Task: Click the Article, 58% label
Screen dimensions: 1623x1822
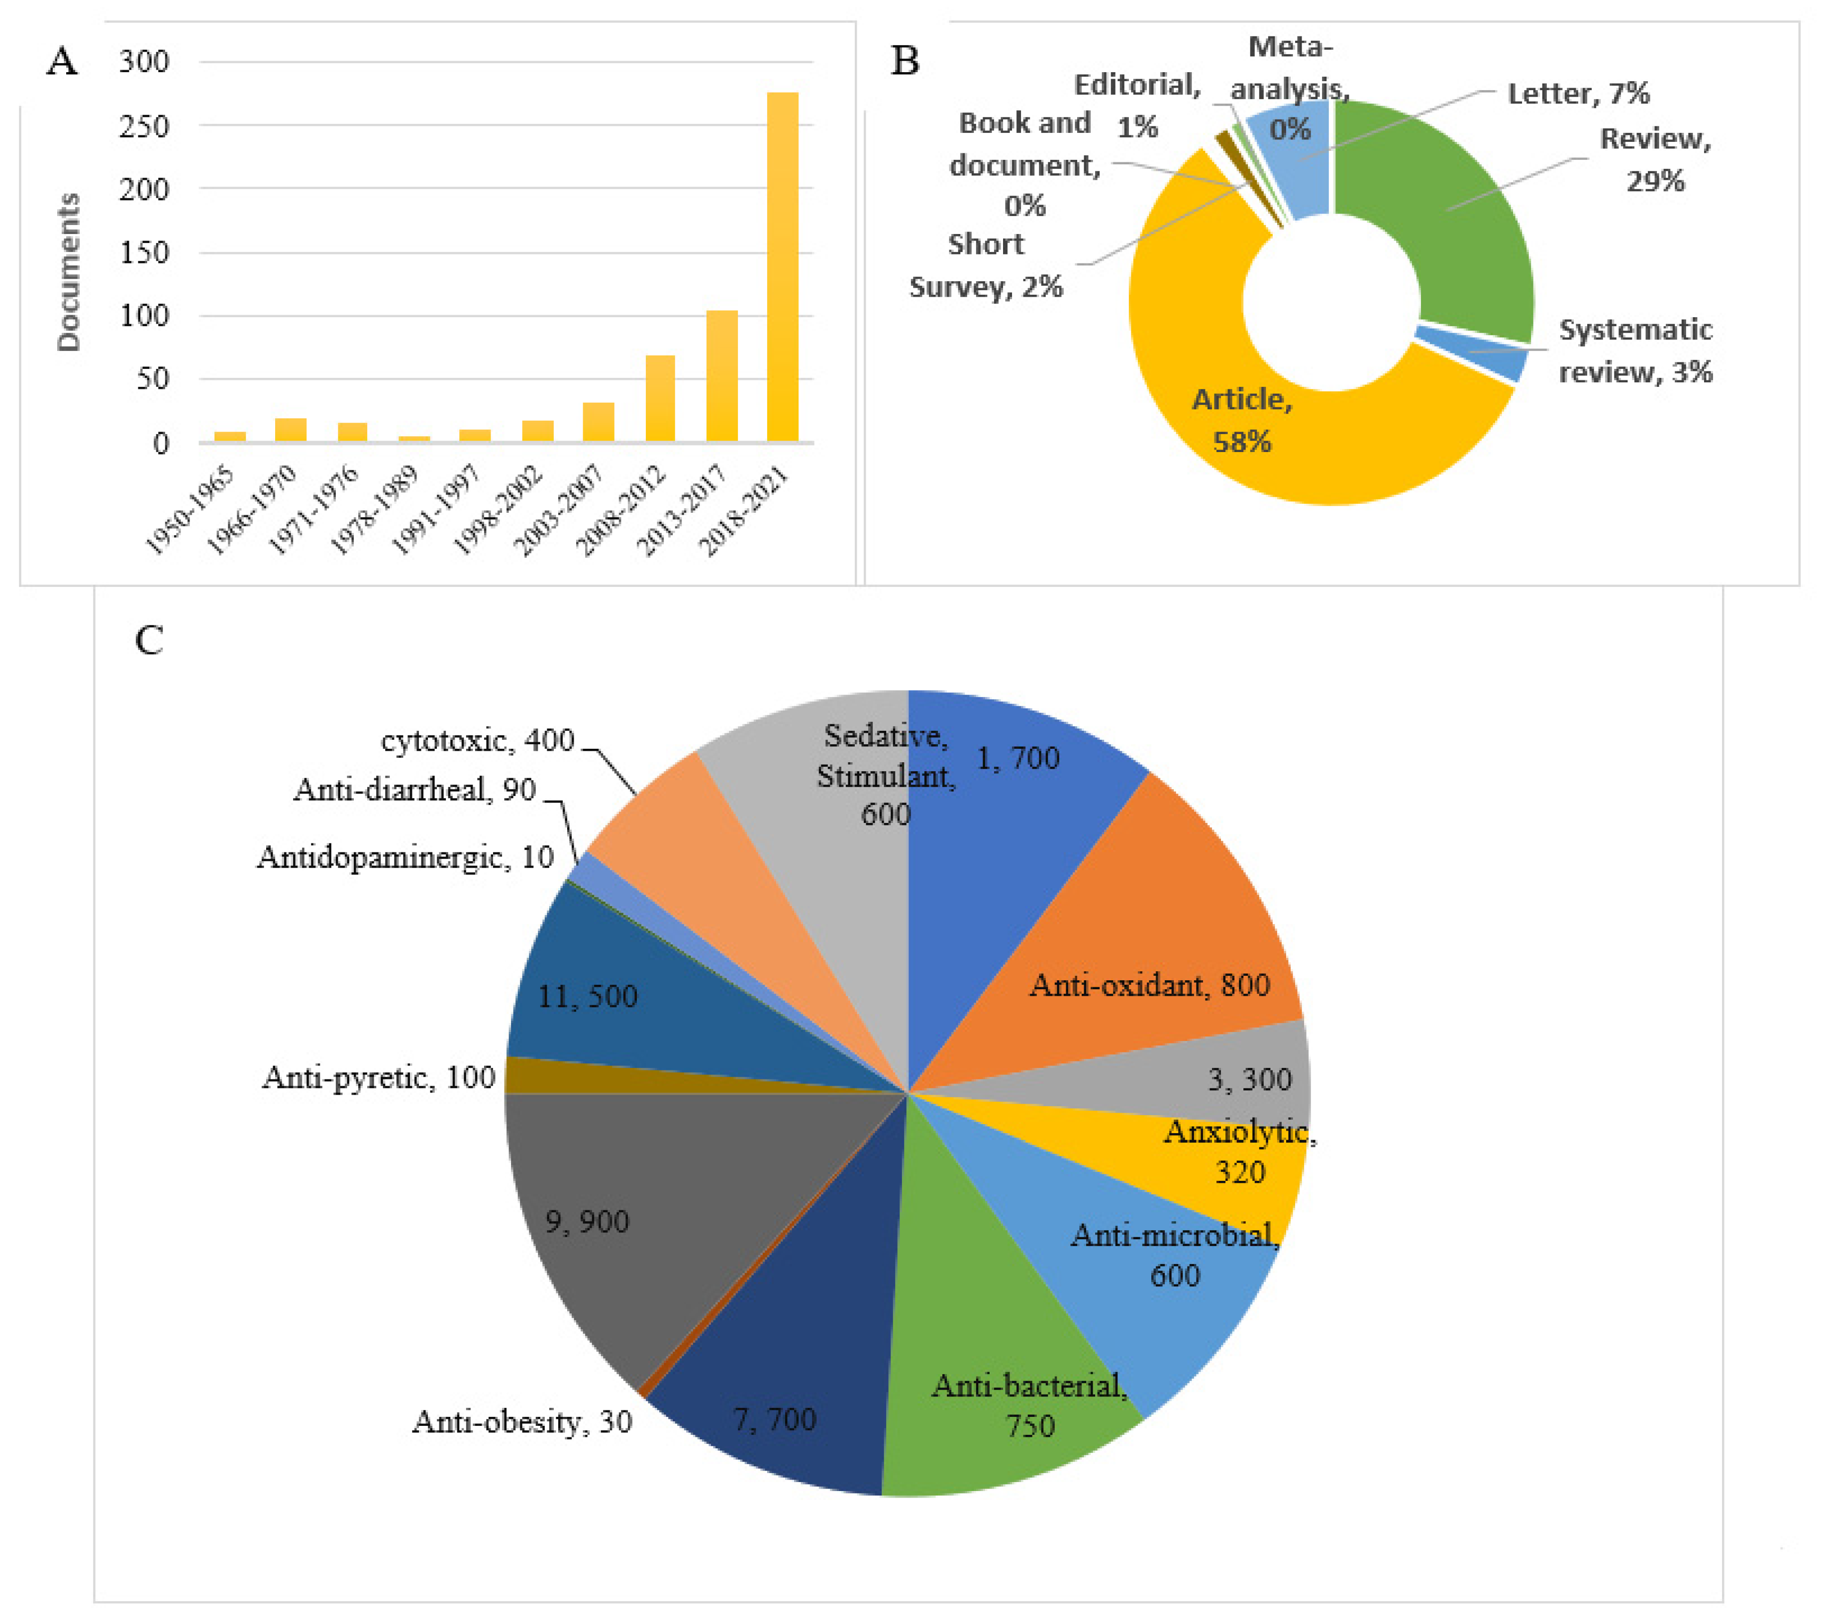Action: pyautogui.click(x=1242, y=420)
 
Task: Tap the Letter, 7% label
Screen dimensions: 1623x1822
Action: pyautogui.click(x=1578, y=94)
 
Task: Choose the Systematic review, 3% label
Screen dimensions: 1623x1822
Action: pyautogui.click(x=1635, y=350)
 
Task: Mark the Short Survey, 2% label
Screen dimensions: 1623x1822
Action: pyautogui.click(x=986, y=266)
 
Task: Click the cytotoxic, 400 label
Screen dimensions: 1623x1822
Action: pyautogui.click(x=478, y=740)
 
